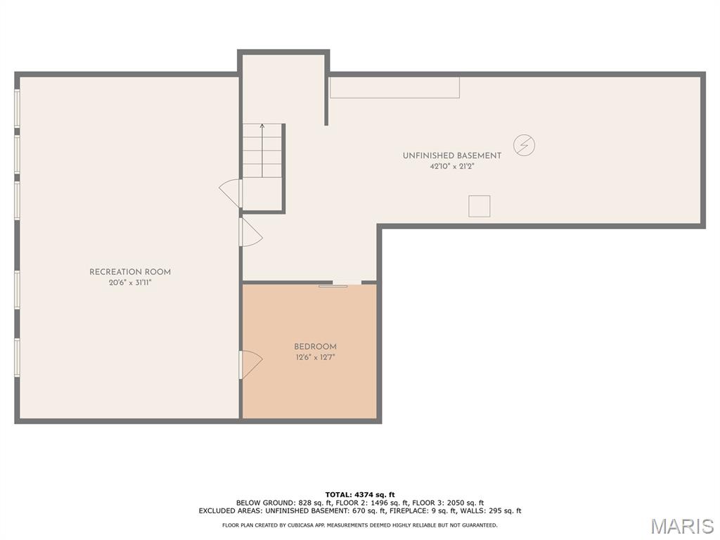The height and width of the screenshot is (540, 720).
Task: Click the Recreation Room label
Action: pos(130,272)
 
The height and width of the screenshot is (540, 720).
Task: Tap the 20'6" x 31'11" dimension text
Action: pos(130,283)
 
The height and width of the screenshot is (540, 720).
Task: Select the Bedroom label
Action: pos(315,347)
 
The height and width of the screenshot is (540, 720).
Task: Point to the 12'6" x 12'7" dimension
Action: pos(315,357)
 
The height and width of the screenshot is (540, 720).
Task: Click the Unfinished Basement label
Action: pos(452,155)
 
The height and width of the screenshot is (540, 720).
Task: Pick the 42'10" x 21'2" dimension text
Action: pos(452,167)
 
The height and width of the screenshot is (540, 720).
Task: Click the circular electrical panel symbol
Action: pos(524,145)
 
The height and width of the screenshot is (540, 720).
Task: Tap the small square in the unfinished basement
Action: pos(480,206)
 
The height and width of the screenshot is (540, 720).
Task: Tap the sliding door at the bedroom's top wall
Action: pos(340,284)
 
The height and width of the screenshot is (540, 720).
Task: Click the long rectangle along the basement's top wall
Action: pos(394,87)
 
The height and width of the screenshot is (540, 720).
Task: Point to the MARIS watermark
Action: pos(682,526)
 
